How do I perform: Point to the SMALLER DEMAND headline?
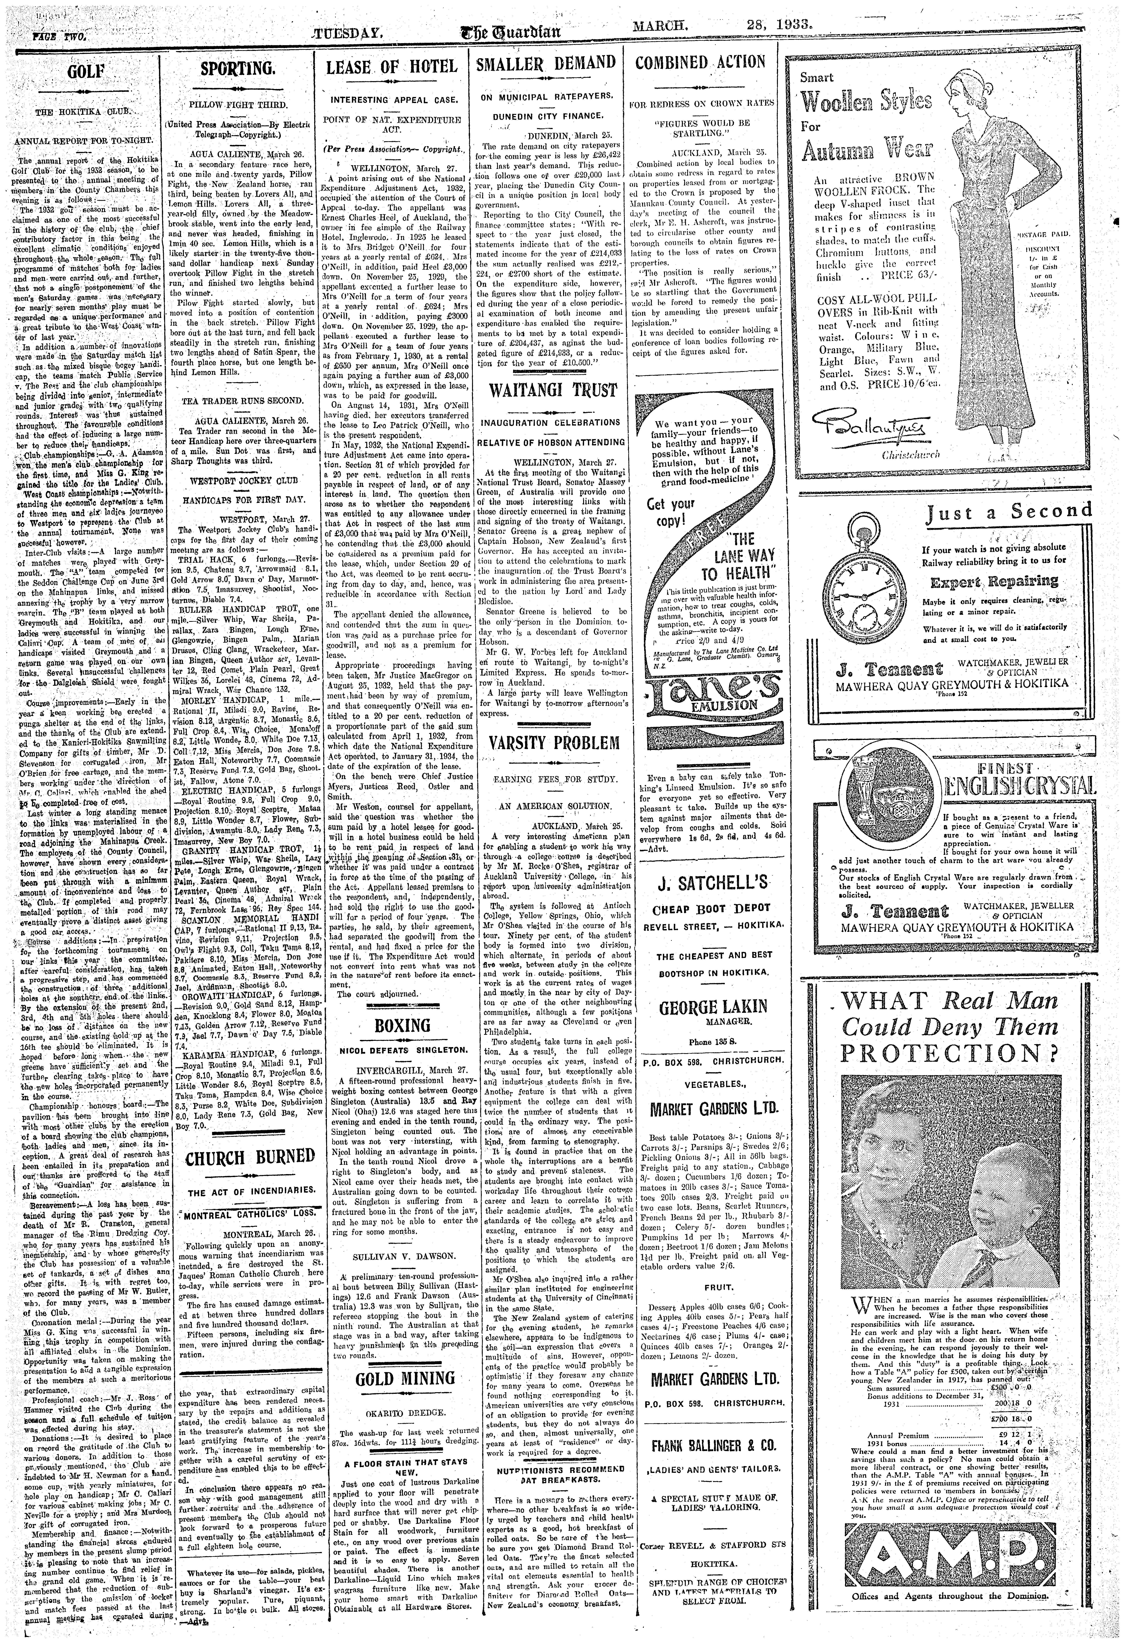[547, 63]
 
